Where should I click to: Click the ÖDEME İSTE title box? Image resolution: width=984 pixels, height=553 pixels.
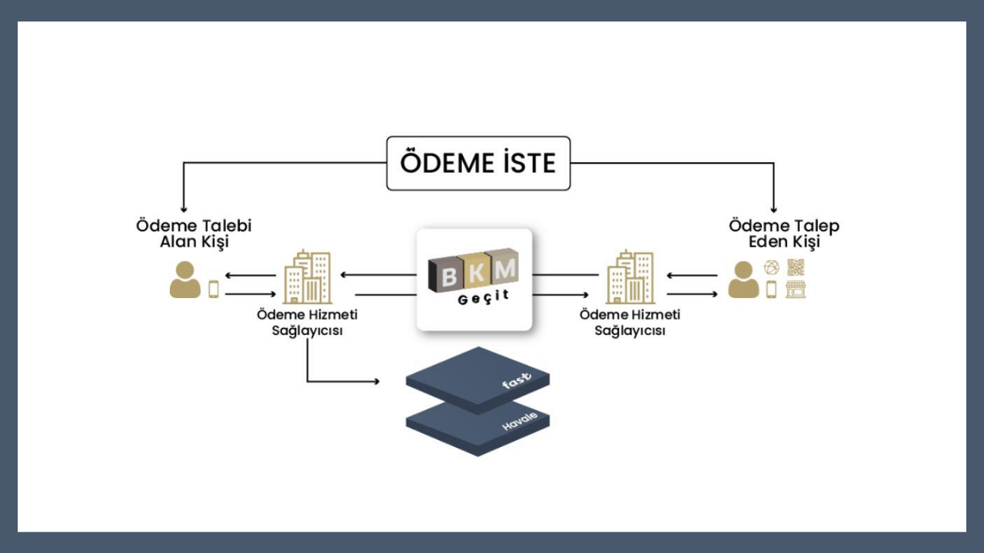pyautogui.click(x=478, y=163)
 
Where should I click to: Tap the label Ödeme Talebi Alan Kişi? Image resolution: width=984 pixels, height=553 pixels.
pyautogui.click(x=194, y=233)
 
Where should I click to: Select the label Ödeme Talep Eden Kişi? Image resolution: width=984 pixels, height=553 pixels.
pyautogui.click(x=783, y=233)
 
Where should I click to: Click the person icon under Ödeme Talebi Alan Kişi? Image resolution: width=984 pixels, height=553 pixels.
pyautogui.click(x=184, y=280)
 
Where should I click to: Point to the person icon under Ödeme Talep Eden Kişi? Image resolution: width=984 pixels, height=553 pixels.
pyautogui.click(x=743, y=280)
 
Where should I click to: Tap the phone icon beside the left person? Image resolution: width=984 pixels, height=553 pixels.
pyautogui.click(x=214, y=289)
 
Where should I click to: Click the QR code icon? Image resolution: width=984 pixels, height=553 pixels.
pyautogui.click(x=796, y=267)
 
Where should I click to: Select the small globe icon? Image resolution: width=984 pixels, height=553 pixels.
pyautogui.click(x=771, y=267)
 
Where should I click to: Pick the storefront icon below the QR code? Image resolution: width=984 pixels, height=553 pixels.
pyautogui.click(x=796, y=290)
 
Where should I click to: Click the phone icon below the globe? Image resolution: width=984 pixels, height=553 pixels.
pyautogui.click(x=771, y=290)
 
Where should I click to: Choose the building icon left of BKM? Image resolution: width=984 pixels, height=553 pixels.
pyautogui.click(x=307, y=277)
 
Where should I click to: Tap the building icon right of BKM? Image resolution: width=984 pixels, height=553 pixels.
pyautogui.click(x=630, y=277)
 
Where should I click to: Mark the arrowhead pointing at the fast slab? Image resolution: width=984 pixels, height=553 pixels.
pyautogui.click(x=377, y=381)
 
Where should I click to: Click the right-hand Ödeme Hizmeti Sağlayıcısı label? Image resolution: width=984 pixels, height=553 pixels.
pyautogui.click(x=630, y=323)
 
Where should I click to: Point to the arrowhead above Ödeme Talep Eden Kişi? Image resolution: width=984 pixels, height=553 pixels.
pyautogui.click(x=773, y=209)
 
